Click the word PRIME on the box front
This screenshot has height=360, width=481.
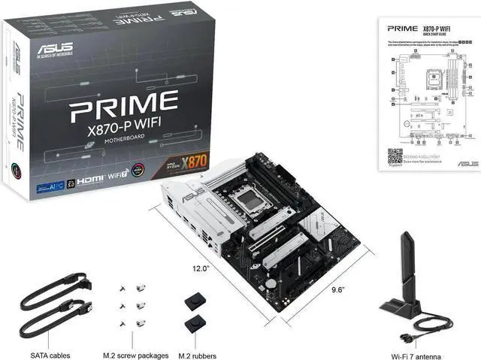pyautogui.click(x=123, y=108)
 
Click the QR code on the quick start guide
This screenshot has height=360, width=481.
pyautogui.click(x=395, y=156)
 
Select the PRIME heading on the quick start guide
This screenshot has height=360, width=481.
pyautogui.click(x=403, y=28)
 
